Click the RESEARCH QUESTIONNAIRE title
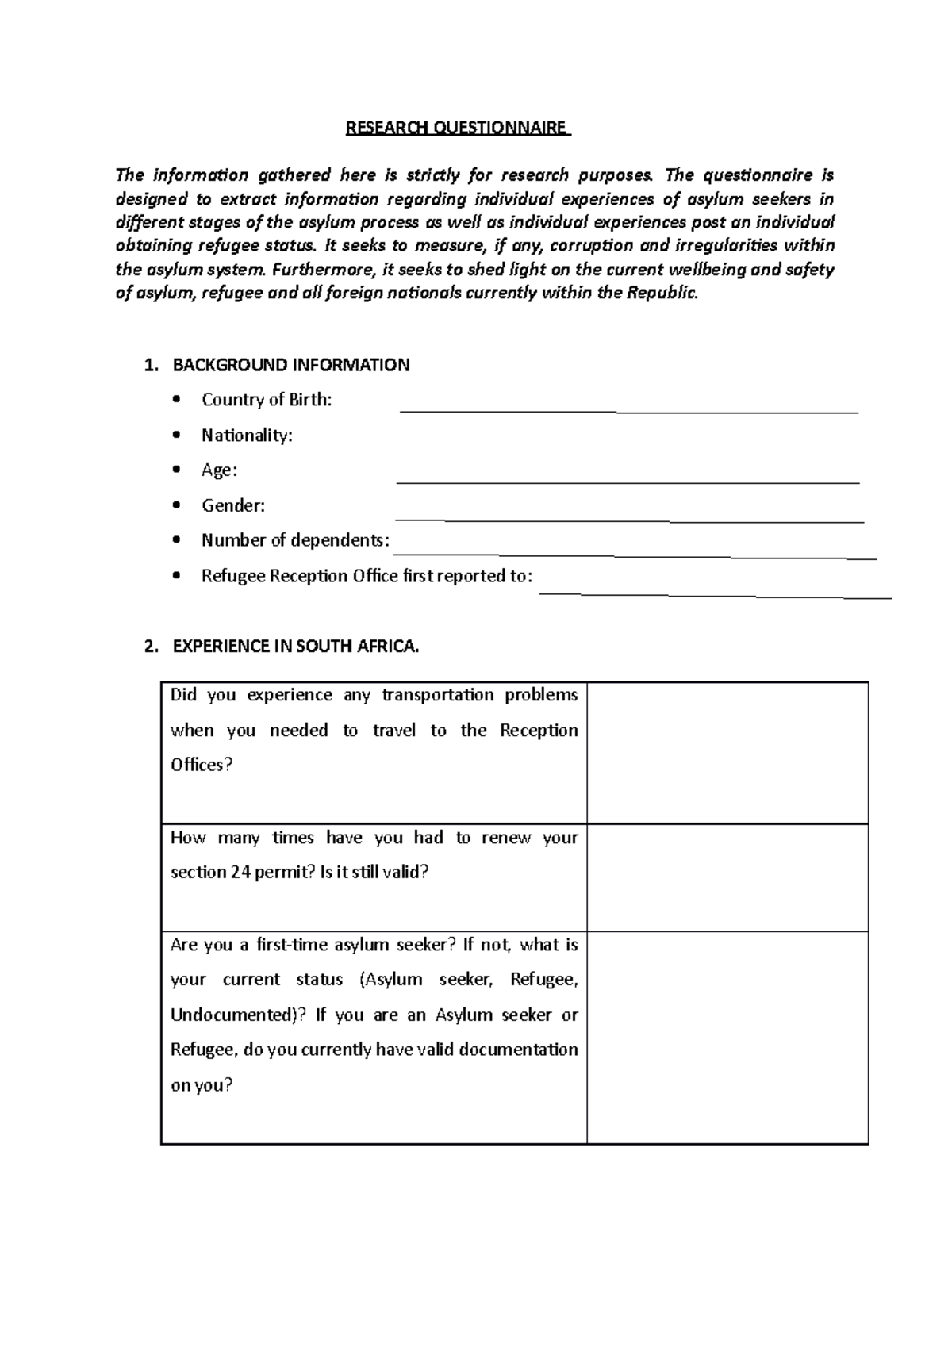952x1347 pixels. click(x=458, y=128)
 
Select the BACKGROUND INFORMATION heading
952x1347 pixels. click(x=291, y=365)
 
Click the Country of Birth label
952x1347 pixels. click(x=267, y=400)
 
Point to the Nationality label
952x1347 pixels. click(x=247, y=435)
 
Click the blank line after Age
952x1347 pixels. click(x=627, y=482)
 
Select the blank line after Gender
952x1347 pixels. click(x=628, y=520)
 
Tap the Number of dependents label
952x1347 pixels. click(x=295, y=540)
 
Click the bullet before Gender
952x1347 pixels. click(x=177, y=505)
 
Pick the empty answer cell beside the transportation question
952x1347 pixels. click(x=727, y=752)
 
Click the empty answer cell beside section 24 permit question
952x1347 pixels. click(x=727, y=877)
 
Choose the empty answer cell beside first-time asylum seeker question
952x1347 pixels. click(x=727, y=1037)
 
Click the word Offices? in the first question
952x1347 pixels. click(x=202, y=765)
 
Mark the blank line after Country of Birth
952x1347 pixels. click(x=628, y=412)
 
